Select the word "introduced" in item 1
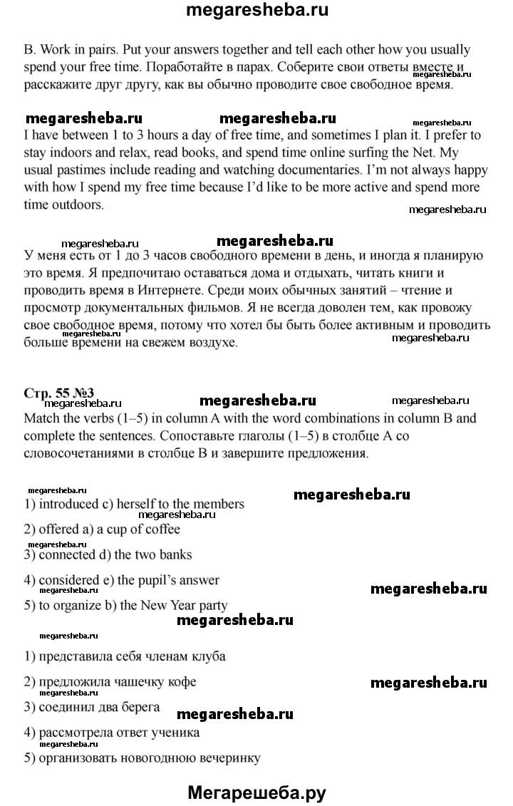pos(68,504)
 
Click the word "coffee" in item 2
pos(161,529)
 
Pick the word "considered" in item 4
pos(68,580)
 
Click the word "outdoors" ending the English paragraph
pos(78,205)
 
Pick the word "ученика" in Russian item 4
pos(174,733)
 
